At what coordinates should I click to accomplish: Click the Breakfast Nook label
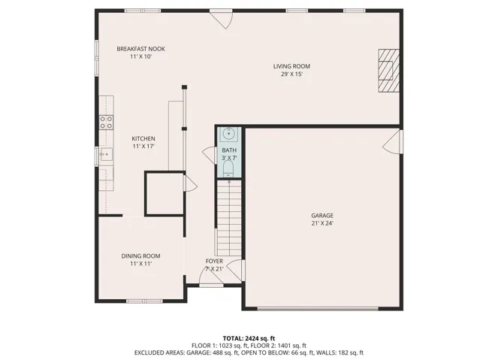coord(140,49)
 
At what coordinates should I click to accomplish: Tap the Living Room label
coord(291,66)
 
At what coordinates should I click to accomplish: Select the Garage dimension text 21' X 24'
coord(322,223)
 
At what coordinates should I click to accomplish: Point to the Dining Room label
coord(140,256)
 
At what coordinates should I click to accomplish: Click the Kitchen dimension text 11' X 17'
coord(143,147)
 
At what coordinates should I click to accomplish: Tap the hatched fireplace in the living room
coord(388,71)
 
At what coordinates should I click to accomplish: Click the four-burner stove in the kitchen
coord(106,123)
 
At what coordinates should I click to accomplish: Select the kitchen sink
coord(106,154)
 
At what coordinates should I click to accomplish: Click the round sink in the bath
coord(228,134)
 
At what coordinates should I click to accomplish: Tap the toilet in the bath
coord(228,168)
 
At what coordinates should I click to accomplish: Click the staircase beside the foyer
coord(228,218)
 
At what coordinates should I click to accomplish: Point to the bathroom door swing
coord(210,156)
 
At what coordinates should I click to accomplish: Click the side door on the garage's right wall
coord(392,142)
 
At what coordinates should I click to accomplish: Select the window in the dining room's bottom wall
coord(145,301)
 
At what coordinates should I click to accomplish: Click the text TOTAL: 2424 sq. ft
coord(249,338)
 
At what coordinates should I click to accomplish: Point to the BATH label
coord(229,150)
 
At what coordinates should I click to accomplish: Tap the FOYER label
coord(214,262)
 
